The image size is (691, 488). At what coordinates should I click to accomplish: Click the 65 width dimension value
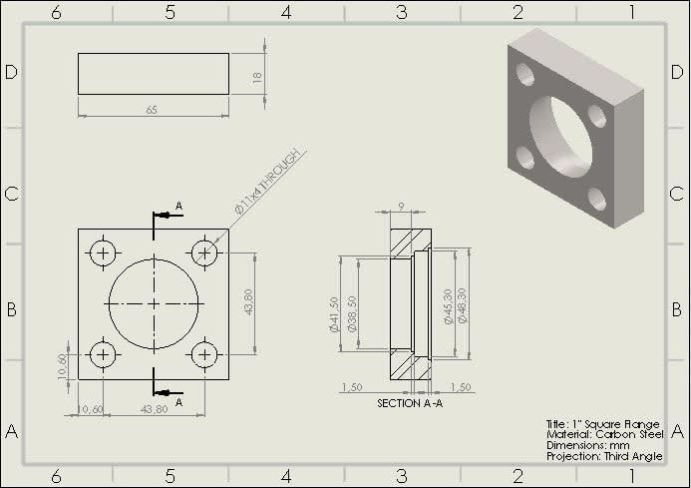click(x=152, y=110)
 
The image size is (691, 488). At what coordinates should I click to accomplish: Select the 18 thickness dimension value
click(x=257, y=76)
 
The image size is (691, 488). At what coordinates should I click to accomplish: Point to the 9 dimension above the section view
click(x=400, y=207)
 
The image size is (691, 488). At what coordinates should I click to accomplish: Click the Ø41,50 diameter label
click(x=335, y=314)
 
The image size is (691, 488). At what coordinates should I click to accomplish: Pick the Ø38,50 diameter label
click(x=352, y=314)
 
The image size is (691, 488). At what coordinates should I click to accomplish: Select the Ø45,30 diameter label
click(x=448, y=306)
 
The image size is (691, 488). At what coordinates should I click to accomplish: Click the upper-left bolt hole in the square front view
click(x=104, y=252)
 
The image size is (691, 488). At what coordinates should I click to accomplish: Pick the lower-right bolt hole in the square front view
click(x=204, y=354)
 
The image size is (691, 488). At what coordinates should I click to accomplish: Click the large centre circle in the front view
click(x=154, y=303)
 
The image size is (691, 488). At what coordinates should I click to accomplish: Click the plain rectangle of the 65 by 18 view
click(x=154, y=74)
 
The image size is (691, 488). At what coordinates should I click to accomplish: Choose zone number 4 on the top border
click(x=286, y=13)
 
